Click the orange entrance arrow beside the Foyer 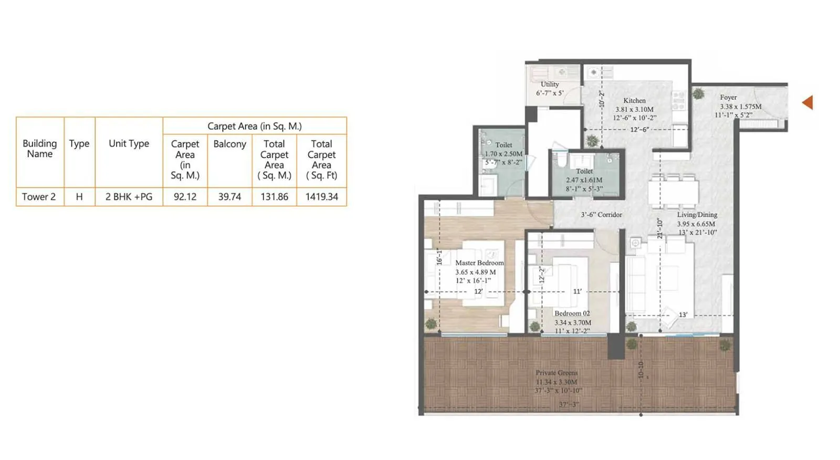[x=808, y=102]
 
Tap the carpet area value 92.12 [x=185, y=197]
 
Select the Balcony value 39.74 [x=229, y=197]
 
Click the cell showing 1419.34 [x=321, y=197]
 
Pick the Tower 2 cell [x=39, y=197]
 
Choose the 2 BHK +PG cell [x=129, y=197]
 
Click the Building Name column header [x=40, y=149]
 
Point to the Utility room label [x=550, y=84]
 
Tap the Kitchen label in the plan [x=634, y=100]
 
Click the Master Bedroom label [x=479, y=263]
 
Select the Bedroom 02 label [x=572, y=313]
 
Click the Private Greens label [x=556, y=373]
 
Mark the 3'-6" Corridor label [x=601, y=215]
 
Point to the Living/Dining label [x=697, y=215]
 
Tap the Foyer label [x=728, y=97]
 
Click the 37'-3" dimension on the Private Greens [x=569, y=404]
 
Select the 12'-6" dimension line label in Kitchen [x=639, y=129]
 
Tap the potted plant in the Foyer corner [x=698, y=94]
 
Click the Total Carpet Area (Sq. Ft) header [x=321, y=159]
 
